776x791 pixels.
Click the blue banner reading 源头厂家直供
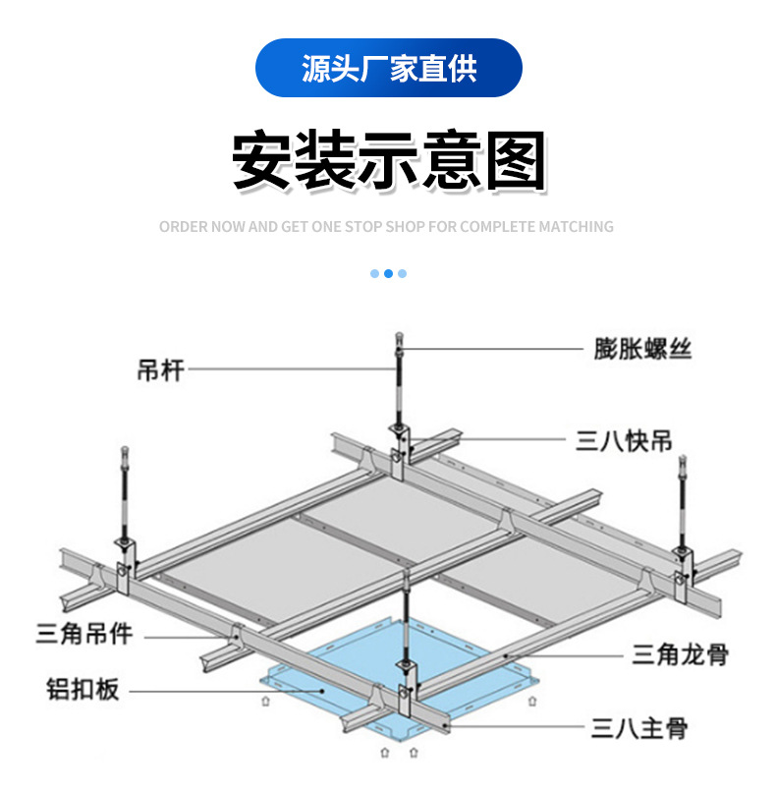point(388,68)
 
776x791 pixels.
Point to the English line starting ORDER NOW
point(386,227)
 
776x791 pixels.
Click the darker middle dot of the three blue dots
point(388,274)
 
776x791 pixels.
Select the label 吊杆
point(160,371)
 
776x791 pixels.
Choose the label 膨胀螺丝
point(642,348)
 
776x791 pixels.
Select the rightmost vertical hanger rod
point(681,511)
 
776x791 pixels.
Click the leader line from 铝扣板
point(216,690)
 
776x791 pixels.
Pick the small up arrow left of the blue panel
point(265,702)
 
